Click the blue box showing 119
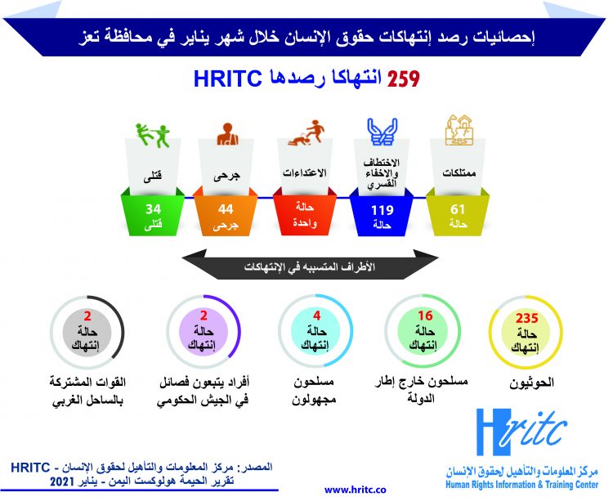(x=383, y=215)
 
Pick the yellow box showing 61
(x=459, y=215)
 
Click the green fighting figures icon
(x=152, y=134)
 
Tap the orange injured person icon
(x=226, y=134)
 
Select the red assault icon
(x=304, y=135)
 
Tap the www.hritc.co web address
(x=356, y=488)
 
